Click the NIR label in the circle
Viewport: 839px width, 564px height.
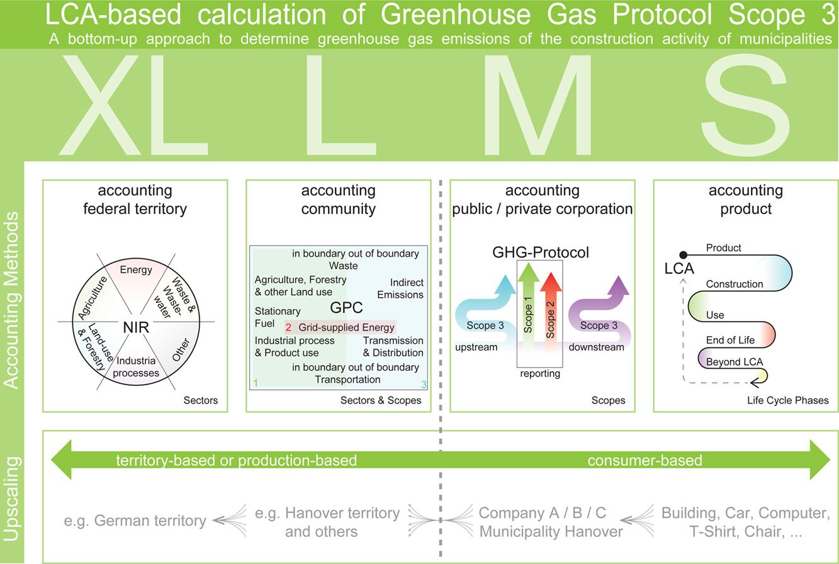(136, 327)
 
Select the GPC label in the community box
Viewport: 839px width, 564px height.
(346, 307)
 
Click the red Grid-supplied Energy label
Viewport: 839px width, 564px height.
(340, 327)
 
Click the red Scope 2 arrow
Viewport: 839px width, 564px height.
(551, 311)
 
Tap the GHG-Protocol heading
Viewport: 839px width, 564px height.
(541, 252)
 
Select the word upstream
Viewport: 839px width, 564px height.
(476, 347)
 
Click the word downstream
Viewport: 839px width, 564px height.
(596, 347)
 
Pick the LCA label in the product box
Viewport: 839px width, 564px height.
(679, 269)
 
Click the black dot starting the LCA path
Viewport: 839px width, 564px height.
(683, 255)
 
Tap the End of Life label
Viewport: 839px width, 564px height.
(730, 340)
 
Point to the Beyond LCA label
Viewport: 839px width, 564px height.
(735, 362)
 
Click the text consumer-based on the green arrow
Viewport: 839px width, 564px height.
(645, 460)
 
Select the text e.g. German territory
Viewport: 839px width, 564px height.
(135, 521)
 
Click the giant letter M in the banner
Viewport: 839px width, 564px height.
(538, 105)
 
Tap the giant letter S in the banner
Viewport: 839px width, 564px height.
(745, 105)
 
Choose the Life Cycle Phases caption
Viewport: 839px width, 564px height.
(787, 400)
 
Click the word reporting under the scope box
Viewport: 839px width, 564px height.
(540, 373)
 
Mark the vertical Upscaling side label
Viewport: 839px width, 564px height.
(11, 499)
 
